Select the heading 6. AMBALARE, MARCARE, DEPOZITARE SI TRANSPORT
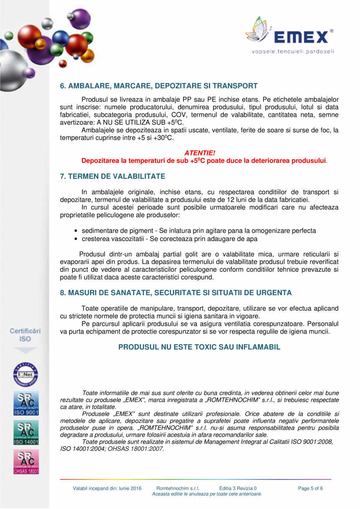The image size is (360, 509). click(158, 86)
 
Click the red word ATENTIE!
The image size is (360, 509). click(200, 153)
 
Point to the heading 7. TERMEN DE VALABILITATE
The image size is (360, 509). click(112, 177)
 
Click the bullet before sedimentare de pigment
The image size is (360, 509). click(76, 231)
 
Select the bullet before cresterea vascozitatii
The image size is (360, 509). click(76, 239)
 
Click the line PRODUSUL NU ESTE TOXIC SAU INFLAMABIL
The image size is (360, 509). click(199, 347)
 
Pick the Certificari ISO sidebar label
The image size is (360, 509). click(25, 335)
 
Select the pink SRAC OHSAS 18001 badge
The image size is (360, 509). click(26, 462)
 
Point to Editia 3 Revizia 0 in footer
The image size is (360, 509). click(238, 488)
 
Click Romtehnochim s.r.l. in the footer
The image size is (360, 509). click(178, 488)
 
